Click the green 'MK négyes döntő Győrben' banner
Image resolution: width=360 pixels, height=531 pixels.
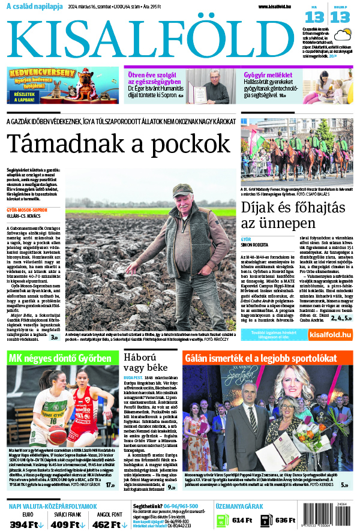(59, 358)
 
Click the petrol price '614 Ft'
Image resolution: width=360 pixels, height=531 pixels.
(242, 520)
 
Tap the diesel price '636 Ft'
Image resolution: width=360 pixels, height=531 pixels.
(286, 520)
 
